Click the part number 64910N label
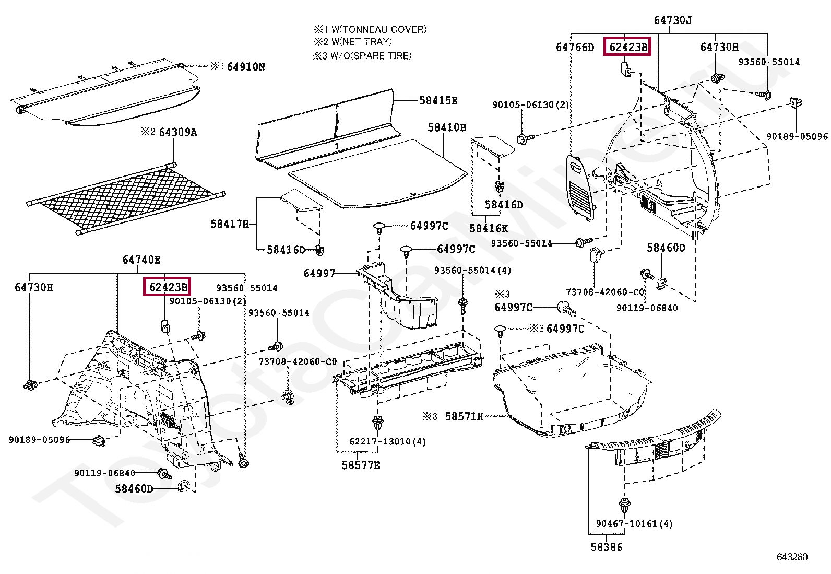click(246, 66)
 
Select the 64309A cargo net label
click(178, 132)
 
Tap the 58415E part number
click(438, 100)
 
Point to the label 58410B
click(447, 127)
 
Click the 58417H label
click(229, 224)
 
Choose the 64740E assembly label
click(141, 260)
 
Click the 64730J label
click(673, 20)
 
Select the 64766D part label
click(575, 48)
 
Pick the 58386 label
click(607, 547)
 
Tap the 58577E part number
click(361, 465)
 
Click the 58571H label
click(464, 416)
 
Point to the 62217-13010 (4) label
click(387, 442)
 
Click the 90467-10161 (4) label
click(634, 523)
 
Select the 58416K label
click(488, 228)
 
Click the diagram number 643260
click(792, 557)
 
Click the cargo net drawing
click(125, 198)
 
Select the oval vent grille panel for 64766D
click(580, 185)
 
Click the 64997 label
click(319, 273)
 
